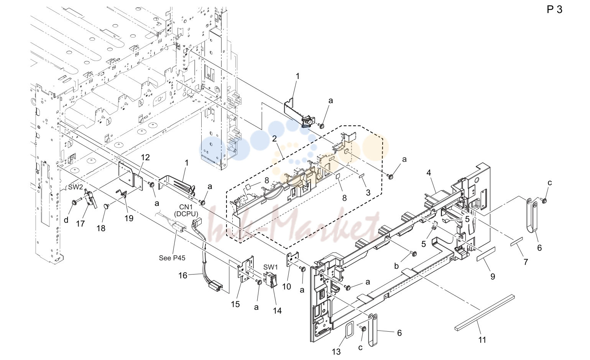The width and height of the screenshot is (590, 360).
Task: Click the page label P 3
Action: coord(554,10)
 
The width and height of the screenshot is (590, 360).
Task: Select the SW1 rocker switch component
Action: coord(271,279)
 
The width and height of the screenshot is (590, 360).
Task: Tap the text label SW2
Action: coord(76,187)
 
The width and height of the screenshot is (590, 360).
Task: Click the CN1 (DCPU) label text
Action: coord(186,210)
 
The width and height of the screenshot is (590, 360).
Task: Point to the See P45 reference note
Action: coord(172,258)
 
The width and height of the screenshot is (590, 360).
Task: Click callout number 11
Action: coord(482,340)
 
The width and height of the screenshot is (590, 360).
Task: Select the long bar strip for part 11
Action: coord(484,312)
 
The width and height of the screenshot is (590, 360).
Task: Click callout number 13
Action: coord(336,352)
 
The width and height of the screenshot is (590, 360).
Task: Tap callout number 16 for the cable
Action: coord(183,276)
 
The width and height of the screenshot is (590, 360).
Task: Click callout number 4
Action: coord(429,173)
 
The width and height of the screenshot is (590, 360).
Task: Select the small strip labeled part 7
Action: coord(516,242)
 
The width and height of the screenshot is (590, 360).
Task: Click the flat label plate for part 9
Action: coord(486,254)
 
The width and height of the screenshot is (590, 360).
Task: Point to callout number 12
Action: coord(145,158)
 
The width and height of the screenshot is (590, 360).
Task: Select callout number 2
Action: coord(274,138)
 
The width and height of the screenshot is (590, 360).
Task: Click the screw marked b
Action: coord(413,253)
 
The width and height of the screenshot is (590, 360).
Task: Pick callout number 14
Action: coord(277,311)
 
